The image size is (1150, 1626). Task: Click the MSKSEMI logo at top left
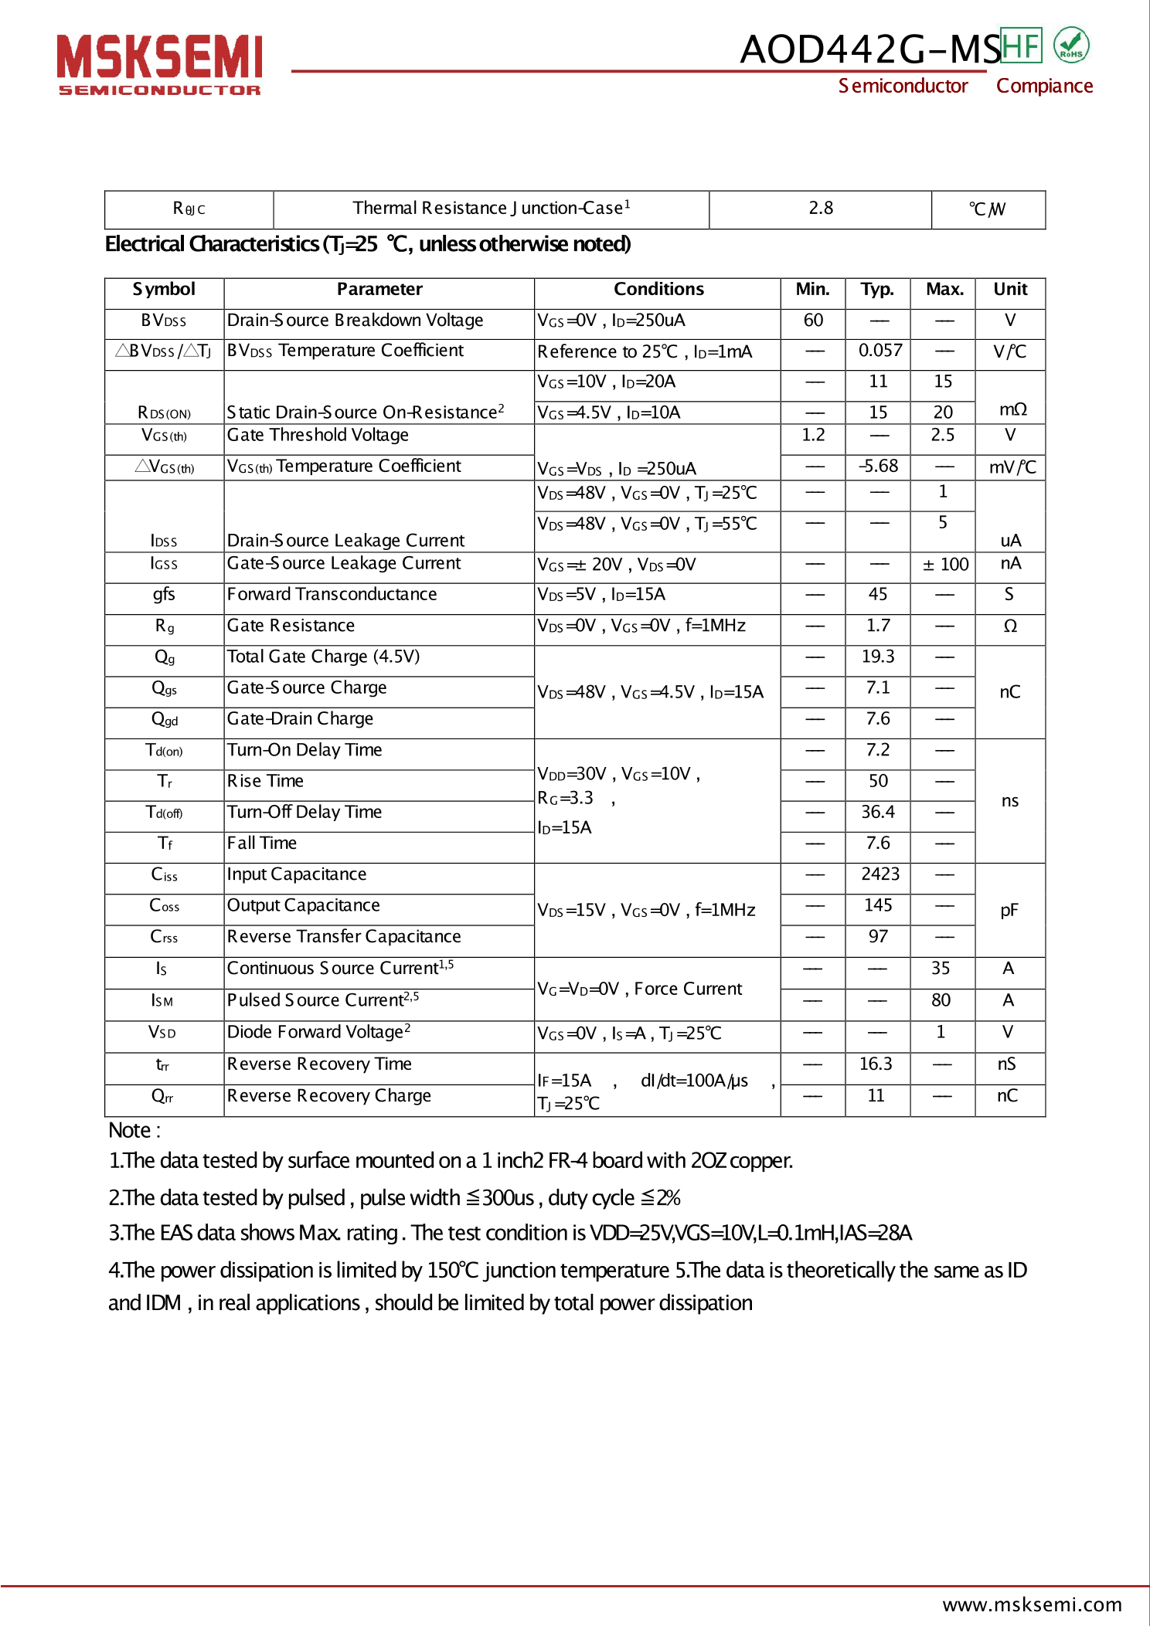(x=160, y=64)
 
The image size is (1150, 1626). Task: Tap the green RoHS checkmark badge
(x=1071, y=45)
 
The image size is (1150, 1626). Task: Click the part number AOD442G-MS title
(x=869, y=49)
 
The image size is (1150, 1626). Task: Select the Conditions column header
(x=658, y=290)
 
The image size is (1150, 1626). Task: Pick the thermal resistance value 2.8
(x=821, y=209)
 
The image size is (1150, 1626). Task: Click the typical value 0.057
(x=880, y=351)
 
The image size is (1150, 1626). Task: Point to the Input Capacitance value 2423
(x=880, y=874)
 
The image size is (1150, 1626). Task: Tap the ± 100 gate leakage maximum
(x=945, y=565)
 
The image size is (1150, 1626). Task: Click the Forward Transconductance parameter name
(x=332, y=595)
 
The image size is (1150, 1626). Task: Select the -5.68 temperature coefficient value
(x=879, y=467)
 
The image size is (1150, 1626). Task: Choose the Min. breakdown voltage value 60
(x=813, y=321)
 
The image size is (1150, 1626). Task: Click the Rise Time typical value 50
(x=878, y=781)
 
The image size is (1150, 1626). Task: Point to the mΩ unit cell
(x=1012, y=409)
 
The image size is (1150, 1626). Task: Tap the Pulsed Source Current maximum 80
(x=941, y=1000)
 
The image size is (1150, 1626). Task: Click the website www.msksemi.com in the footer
(x=1032, y=1604)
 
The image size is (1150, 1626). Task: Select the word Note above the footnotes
(x=130, y=1131)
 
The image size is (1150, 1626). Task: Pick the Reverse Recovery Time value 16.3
(x=876, y=1064)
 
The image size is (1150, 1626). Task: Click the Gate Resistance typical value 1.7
(x=878, y=626)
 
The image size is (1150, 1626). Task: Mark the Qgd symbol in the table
(x=165, y=720)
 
